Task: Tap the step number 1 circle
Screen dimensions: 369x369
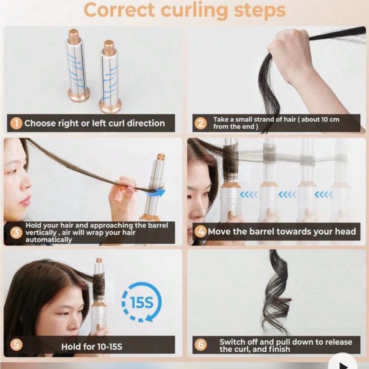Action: click(16, 123)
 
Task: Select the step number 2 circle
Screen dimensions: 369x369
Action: click(200, 123)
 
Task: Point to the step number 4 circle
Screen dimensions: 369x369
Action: click(200, 232)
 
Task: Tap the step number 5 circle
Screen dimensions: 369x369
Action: click(16, 345)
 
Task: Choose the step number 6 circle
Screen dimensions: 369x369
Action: click(200, 345)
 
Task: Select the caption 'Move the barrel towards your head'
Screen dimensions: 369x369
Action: click(282, 232)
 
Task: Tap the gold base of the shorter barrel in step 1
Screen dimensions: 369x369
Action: click(110, 106)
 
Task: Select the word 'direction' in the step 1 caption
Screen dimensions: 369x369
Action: click(146, 123)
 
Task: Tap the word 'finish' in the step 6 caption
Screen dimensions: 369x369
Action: click(278, 349)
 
